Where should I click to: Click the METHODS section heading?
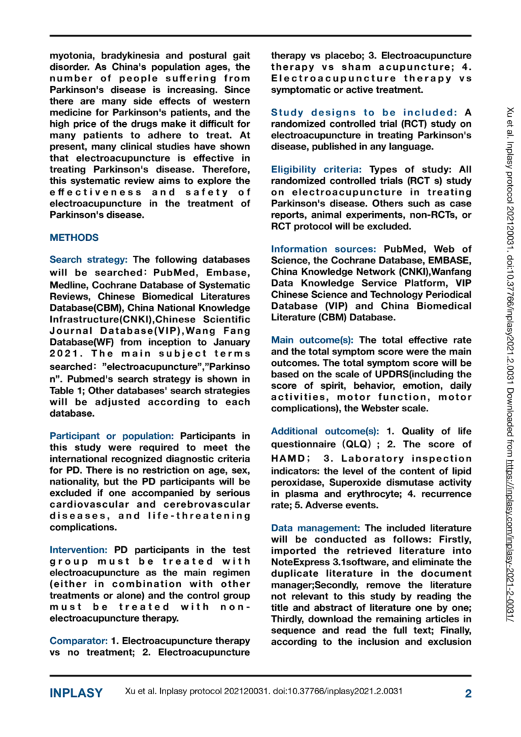[74, 238]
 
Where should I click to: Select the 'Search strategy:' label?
[89, 259]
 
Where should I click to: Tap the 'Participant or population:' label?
[112, 436]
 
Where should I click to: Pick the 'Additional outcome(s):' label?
[325, 431]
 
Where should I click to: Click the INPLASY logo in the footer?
[77, 693]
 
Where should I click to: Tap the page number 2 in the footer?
[468, 693]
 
